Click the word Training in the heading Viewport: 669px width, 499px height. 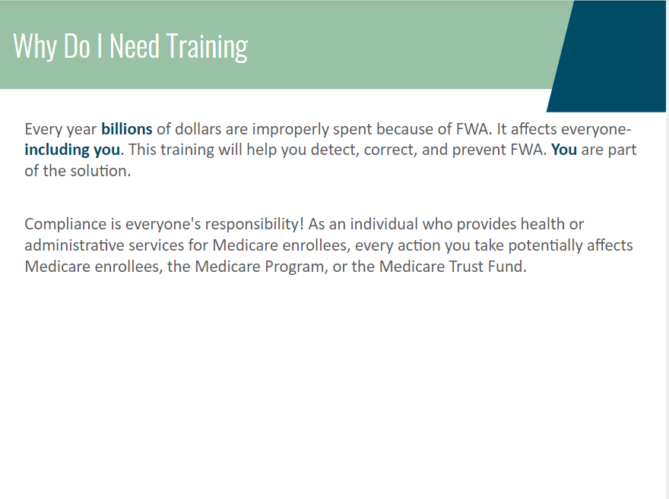coord(207,46)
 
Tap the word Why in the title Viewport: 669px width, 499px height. coord(34,46)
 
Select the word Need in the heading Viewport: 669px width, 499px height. coord(135,45)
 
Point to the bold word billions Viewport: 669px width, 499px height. coord(127,128)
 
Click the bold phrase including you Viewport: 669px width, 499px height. coord(72,150)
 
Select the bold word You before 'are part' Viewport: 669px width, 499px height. coord(564,150)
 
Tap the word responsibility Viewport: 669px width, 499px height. coord(254,225)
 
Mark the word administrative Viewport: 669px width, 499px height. coord(75,245)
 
